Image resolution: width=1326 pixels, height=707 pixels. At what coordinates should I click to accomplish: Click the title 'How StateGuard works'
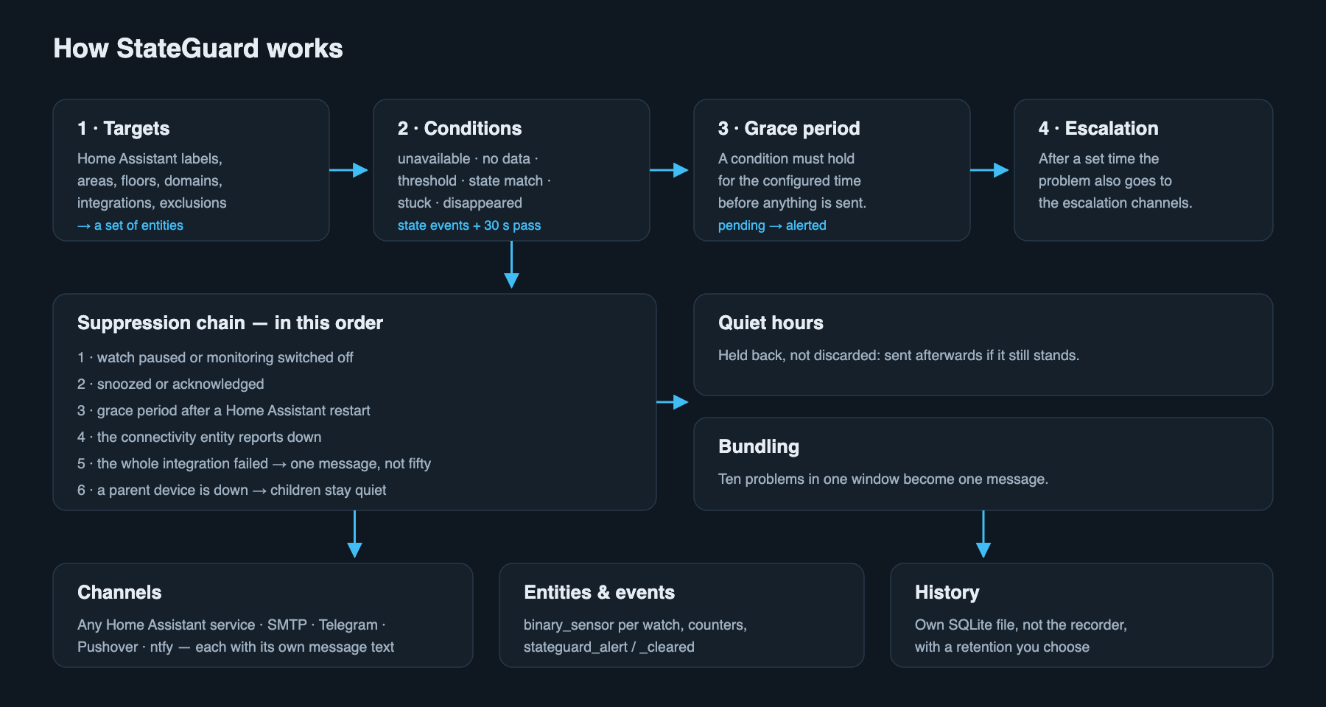tap(198, 49)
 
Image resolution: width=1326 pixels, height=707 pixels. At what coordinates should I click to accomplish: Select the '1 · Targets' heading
tap(124, 128)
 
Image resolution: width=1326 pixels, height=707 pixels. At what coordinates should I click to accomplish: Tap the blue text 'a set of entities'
tap(138, 225)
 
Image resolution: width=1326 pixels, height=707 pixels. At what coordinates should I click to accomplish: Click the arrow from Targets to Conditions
tap(348, 170)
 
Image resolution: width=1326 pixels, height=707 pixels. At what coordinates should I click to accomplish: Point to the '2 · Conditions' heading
tap(460, 128)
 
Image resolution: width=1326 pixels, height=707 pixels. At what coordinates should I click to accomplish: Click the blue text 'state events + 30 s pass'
tap(469, 225)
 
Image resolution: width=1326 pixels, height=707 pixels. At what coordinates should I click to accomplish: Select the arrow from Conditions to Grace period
tap(669, 170)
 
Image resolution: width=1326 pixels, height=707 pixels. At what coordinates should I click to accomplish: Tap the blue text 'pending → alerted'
tap(772, 225)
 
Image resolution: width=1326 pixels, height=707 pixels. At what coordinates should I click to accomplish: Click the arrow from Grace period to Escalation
tap(989, 170)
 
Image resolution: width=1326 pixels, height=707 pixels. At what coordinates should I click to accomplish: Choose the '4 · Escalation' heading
tap(1098, 128)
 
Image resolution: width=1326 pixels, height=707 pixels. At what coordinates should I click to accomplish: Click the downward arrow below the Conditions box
tap(511, 264)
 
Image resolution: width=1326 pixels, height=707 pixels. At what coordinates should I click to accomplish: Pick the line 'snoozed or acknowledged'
tap(180, 384)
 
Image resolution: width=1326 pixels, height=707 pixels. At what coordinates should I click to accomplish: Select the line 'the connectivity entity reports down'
tap(209, 437)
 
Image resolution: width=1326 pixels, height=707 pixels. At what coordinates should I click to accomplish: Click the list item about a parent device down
tap(232, 490)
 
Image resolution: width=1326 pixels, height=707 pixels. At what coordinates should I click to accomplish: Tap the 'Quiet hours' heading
tap(771, 323)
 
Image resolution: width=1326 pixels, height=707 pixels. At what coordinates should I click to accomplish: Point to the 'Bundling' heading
tap(759, 446)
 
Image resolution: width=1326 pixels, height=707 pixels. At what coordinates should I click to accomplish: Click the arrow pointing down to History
tap(983, 534)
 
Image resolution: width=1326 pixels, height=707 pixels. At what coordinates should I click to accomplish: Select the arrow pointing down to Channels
tap(354, 534)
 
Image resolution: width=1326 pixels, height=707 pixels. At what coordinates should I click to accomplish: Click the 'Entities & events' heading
tap(599, 592)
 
